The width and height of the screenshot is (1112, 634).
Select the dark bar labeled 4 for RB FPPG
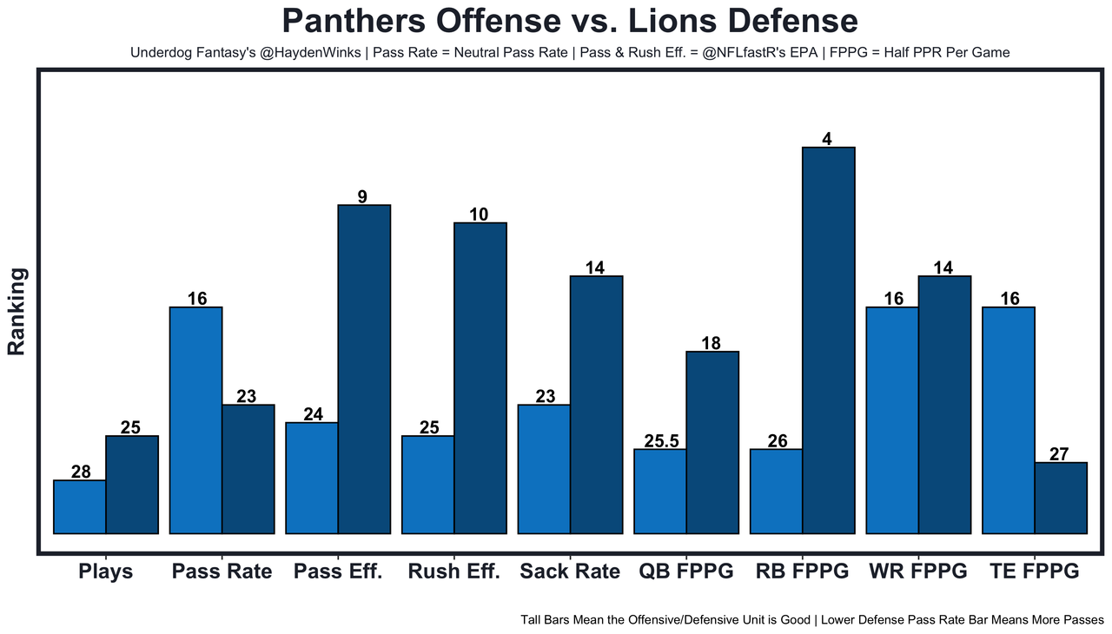click(828, 340)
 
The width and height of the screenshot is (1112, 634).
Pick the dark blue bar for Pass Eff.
click(364, 369)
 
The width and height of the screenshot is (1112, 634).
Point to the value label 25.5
click(661, 440)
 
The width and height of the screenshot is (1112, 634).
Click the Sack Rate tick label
click(570, 571)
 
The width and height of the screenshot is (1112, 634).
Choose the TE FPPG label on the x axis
click(1034, 571)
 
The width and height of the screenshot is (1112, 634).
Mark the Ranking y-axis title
click(17, 310)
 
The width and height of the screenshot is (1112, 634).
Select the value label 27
click(1060, 453)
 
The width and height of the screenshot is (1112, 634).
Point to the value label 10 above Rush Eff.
click(480, 214)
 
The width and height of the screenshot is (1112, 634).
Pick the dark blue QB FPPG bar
click(712, 442)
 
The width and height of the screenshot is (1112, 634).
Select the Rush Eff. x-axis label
click(453, 571)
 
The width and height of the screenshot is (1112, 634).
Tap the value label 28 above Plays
click(81, 472)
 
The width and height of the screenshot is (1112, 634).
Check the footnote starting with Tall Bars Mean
click(812, 620)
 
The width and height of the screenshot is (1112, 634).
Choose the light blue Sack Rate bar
click(544, 469)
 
